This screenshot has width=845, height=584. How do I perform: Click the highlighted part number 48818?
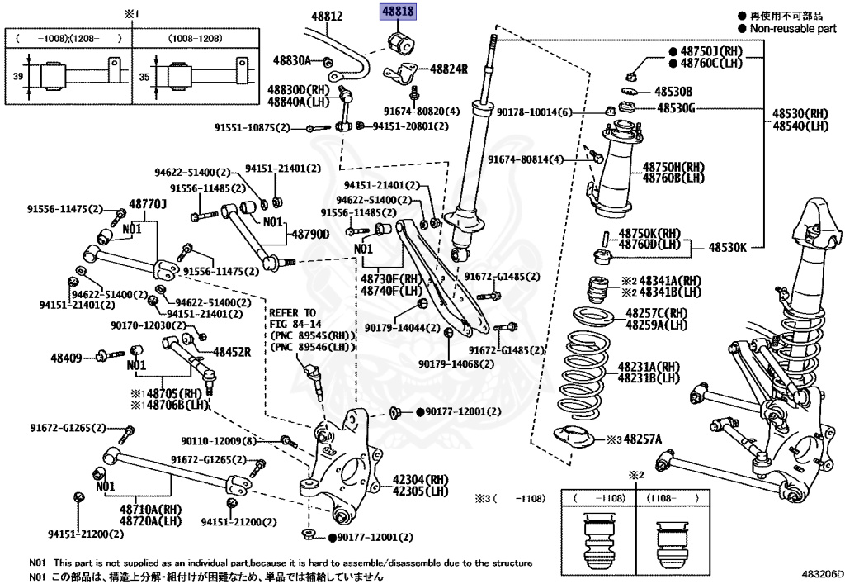(398, 12)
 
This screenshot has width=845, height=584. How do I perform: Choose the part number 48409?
(68, 357)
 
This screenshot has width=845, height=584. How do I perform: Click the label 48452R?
(232, 351)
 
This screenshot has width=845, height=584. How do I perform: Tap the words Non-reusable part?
(792, 28)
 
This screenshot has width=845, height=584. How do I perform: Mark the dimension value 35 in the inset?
(146, 76)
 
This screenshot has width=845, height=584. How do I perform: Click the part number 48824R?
(449, 69)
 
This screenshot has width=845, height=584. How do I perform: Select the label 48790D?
(309, 234)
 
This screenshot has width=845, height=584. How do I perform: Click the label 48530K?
(729, 246)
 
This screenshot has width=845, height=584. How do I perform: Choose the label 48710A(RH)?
(149, 510)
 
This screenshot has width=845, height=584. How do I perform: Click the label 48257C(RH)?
(656, 313)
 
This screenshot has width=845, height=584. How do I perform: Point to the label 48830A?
(292, 60)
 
